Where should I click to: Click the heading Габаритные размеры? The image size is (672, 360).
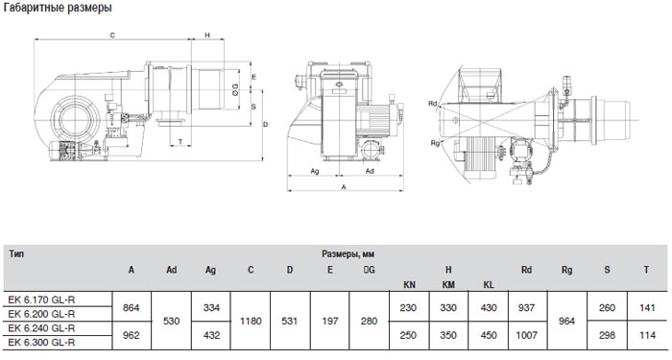click(58, 8)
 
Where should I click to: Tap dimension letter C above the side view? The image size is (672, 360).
click(112, 36)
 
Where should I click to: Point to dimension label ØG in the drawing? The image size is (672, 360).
click(235, 88)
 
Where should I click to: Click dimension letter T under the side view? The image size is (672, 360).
click(180, 141)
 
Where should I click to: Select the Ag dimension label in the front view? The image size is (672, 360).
click(315, 172)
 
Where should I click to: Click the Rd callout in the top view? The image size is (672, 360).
click(433, 104)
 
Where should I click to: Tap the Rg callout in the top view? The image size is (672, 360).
click(435, 143)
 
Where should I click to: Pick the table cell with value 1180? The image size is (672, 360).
click(251, 321)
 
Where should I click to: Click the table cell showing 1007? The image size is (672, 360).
click(526, 335)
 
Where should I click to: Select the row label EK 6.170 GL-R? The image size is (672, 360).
click(41, 300)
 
